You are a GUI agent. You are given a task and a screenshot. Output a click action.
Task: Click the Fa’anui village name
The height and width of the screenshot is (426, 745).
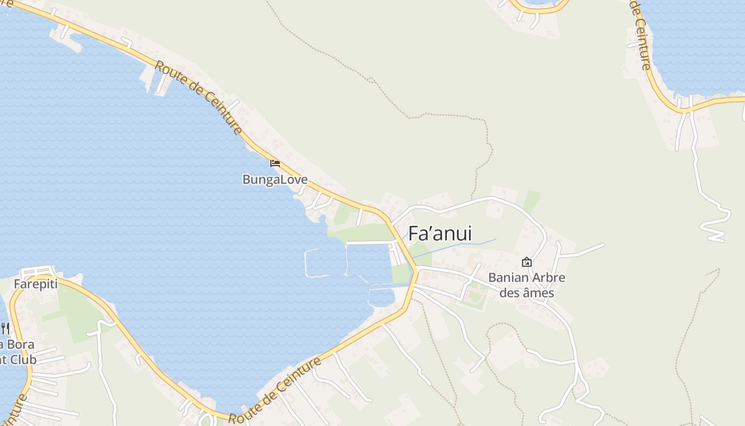pyautogui.click(x=440, y=234)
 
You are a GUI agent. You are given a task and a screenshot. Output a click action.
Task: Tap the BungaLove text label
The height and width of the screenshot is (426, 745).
pyautogui.click(x=275, y=179)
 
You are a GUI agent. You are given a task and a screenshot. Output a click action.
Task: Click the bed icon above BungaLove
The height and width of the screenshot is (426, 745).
pyautogui.click(x=275, y=163)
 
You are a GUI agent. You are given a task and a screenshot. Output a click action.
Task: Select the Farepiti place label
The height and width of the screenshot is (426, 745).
pyautogui.click(x=35, y=284)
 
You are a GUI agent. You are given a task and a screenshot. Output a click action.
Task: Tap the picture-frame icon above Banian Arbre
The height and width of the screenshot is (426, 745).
pyautogui.click(x=526, y=262)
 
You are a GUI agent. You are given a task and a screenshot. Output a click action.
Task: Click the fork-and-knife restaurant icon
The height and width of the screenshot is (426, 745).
pyautogui.click(x=5, y=328)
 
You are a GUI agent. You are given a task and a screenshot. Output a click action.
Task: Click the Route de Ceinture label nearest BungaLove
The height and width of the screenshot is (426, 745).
pyautogui.click(x=199, y=97)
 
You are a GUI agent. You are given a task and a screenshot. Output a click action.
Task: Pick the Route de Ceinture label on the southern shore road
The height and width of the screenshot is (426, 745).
pyautogui.click(x=275, y=391)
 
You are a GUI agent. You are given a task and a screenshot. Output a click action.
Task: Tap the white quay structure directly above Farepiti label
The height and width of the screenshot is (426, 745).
pyautogui.click(x=37, y=271)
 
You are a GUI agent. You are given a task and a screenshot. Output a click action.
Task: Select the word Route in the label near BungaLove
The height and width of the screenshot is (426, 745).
pyautogui.click(x=168, y=73)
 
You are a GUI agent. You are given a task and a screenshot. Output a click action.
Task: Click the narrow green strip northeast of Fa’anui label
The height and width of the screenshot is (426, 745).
pyautogui.click(x=531, y=201)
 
